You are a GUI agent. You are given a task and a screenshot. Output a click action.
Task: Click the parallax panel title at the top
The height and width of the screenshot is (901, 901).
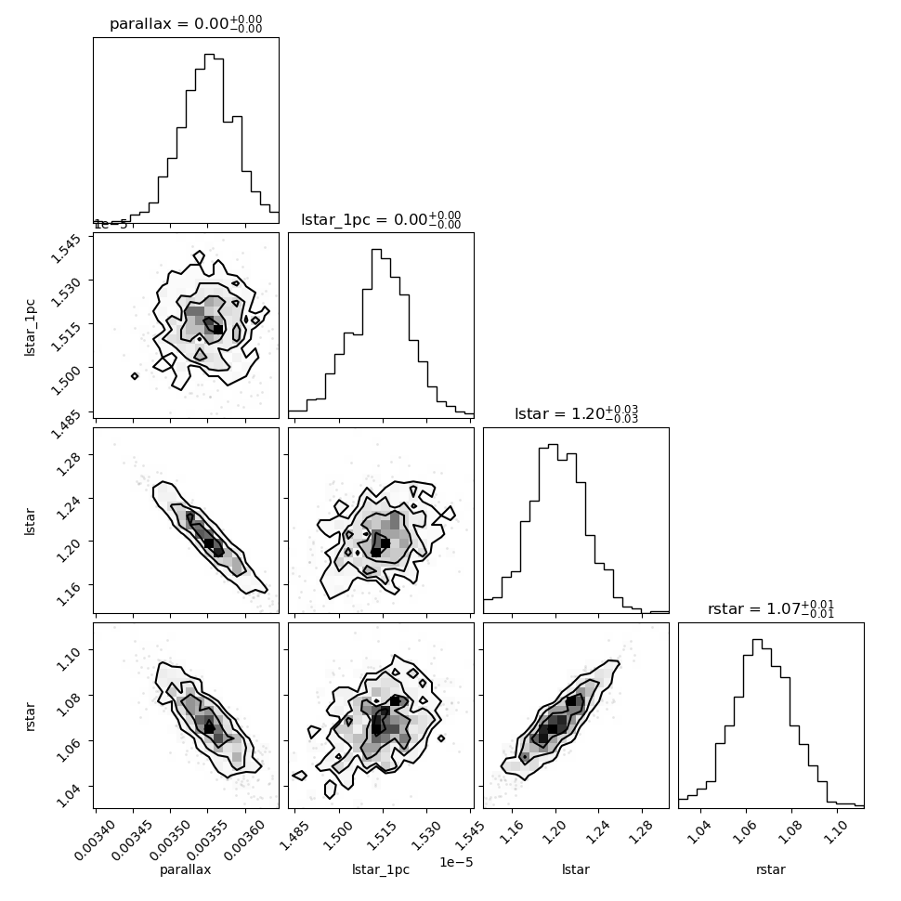click(x=186, y=23)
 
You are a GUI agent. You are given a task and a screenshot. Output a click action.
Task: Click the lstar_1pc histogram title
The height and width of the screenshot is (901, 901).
click(x=381, y=219)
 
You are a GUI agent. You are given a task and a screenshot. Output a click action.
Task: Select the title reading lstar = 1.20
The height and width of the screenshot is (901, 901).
click(x=576, y=413)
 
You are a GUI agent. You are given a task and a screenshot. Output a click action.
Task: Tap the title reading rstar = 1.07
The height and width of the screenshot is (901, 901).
click(x=771, y=608)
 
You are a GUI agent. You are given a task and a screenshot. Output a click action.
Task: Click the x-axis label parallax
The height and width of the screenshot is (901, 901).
click(x=186, y=869)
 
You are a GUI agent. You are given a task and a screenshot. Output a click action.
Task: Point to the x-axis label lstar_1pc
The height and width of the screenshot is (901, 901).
click(x=381, y=870)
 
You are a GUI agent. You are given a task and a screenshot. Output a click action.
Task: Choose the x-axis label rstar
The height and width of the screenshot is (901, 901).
click(x=771, y=869)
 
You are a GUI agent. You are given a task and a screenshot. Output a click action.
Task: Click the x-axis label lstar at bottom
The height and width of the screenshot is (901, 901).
click(x=576, y=869)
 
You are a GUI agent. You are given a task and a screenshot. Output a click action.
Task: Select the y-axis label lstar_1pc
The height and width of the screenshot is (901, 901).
click(x=30, y=328)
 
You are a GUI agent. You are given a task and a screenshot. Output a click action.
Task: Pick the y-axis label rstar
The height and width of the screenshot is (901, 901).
click(x=30, y=716)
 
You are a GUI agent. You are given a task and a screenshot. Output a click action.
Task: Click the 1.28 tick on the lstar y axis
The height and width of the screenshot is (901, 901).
click(x=68, y=464)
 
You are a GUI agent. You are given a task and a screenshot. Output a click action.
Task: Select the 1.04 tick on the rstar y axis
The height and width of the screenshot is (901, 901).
click(x=68, y=796)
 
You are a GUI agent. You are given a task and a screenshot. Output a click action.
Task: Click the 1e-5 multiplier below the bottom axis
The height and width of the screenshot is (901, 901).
click(x=456, y=861)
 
